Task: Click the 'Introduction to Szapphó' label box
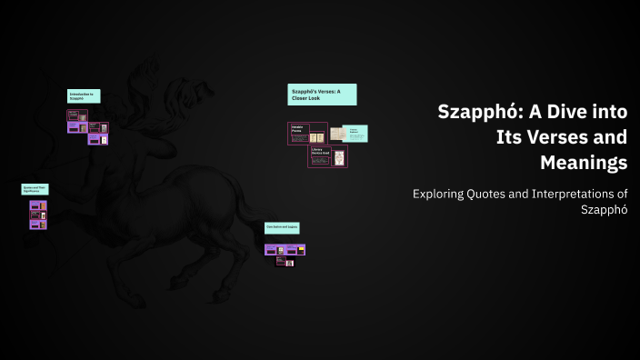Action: [84, 95]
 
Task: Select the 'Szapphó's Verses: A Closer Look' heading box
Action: [322, 95]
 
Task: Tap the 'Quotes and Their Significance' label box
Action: [35, 189]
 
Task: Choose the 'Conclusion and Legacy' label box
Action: [282, 226]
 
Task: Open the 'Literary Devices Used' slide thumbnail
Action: [327, 156]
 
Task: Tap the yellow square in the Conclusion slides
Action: [282, 250]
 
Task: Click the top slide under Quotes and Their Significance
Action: [37, 206]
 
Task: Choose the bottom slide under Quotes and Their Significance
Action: [37, 224]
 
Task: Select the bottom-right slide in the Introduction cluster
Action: [103, 140]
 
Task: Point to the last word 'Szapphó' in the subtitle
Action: [604, 210]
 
